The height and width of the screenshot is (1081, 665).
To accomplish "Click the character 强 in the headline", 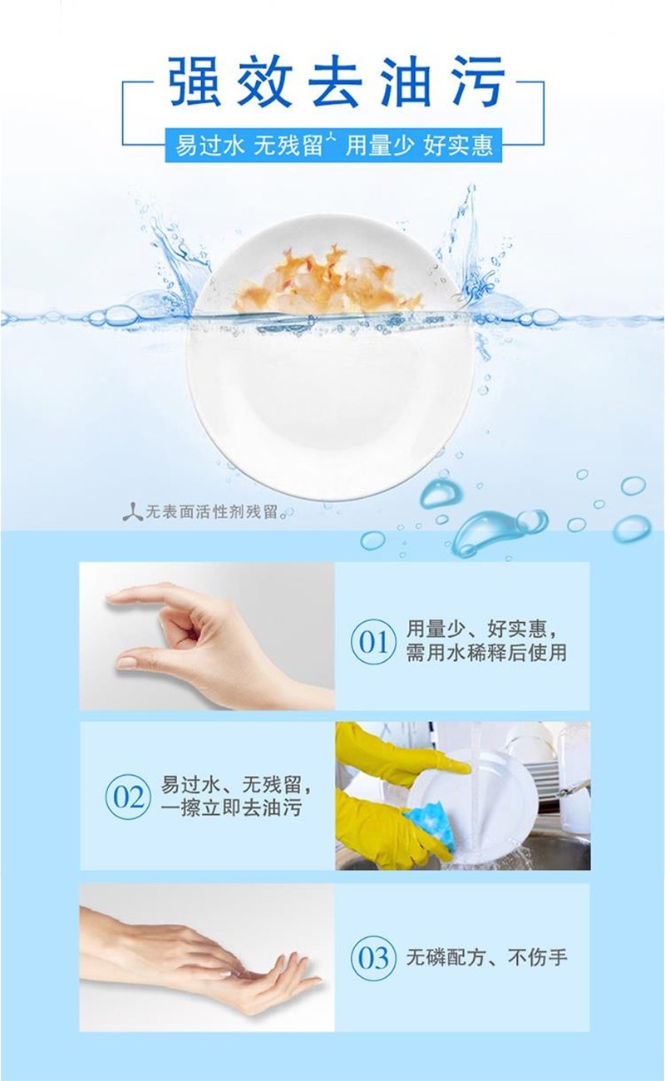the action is tap(195, 81).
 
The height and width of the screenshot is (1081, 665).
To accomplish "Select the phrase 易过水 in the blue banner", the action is tap(209, 146).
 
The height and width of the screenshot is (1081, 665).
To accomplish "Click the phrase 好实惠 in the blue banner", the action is tap(459, 146).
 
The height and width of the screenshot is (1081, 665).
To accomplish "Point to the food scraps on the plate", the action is tap(324, 280).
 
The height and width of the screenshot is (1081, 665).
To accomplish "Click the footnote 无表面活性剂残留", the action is tap(211, 512).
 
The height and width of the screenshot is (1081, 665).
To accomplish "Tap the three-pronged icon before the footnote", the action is tap(132, 512).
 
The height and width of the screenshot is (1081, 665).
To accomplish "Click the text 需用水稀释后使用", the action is tap(486, 654).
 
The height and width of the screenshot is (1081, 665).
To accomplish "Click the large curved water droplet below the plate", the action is tap(487, 530).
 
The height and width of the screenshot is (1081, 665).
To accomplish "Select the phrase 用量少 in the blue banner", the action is tap(380, 146).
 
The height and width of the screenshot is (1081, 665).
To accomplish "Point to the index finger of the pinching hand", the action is tap(140, 596).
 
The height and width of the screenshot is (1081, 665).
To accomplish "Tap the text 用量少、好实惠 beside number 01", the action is tap(481, 629).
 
